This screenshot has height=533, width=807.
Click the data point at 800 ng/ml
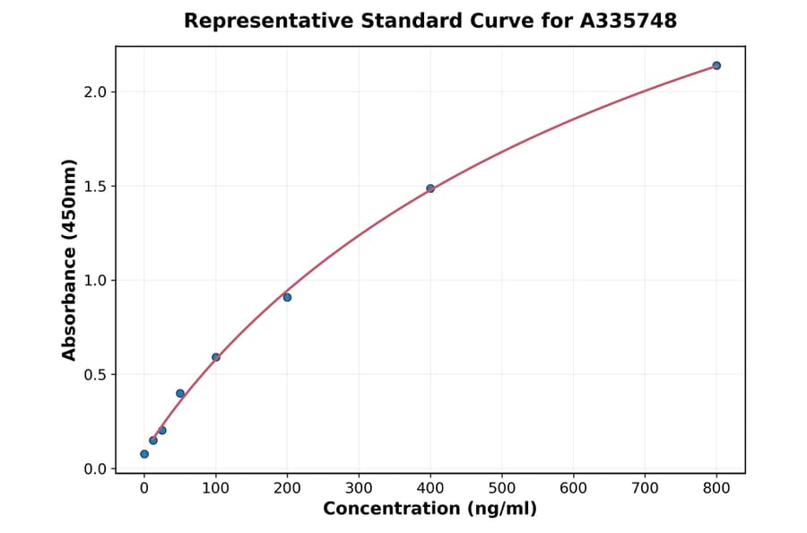click(x=716, y=66)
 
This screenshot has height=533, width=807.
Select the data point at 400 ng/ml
click(x=430, y=188)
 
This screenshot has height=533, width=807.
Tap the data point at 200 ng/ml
click(x=287, y=297)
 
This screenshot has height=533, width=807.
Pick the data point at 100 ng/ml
click(x=216, y=357)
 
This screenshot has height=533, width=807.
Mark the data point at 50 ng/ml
click(x=180, y=393)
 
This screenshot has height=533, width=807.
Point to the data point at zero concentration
click(x=144, y=454)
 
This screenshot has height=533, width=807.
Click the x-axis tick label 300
click(x=359, y=488)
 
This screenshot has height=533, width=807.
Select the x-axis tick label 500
click(x=502, y=488)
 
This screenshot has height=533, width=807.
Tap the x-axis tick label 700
click(x=645, y=488)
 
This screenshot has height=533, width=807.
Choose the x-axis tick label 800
click(x=716, y=488)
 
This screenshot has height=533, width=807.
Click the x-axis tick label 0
click(x=144, y=488)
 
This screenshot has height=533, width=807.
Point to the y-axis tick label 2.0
click(x=96, y=92)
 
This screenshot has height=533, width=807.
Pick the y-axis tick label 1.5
click(x=96, y=186)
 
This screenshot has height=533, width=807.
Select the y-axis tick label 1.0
click(x=96, y=280)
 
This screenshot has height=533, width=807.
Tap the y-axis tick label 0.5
click(x=96, y=374)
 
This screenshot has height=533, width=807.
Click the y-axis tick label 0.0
click(x=96, y=468)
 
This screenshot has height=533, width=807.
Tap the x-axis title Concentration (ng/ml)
click(x=430, y=509)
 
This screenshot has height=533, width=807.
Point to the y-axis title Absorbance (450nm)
click(x=69, y=259)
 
